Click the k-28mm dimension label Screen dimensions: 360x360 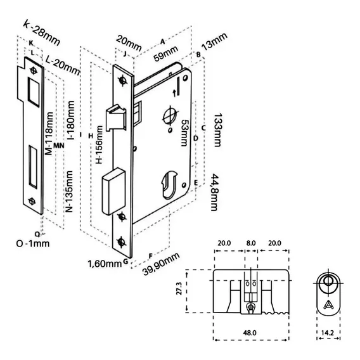click(x=42, y=33)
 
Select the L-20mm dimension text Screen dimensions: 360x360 click(x=63, y=65)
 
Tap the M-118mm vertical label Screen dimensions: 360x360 click(x=49, y=133)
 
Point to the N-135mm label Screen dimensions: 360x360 click(x=69, y=191)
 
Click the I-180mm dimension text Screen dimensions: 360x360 click(x=71, y=120)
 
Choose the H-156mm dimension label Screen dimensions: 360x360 click(x=99, y=145)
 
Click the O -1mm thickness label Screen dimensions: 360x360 click(x=33, y=243)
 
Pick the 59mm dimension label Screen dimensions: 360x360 click(x=166, y=53)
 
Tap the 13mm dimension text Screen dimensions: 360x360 click(x=214, y=41)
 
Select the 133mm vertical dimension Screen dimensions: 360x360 click(x=217, y=130)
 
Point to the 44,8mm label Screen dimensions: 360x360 click(x=214, y=192)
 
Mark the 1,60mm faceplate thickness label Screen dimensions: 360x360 click(x=105, y=264)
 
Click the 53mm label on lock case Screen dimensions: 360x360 click(x=184, y=132)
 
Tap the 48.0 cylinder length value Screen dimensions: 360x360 click(x=250, y=333)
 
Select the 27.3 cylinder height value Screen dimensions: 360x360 click(x=179, y=288)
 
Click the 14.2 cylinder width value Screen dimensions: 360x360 click(x=328, y=333)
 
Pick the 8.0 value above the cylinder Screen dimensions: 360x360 click(x=251, y=243)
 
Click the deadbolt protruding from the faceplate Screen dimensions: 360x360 click(x=113, y=191)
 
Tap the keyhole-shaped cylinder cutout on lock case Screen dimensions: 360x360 click(x=169, y=184)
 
